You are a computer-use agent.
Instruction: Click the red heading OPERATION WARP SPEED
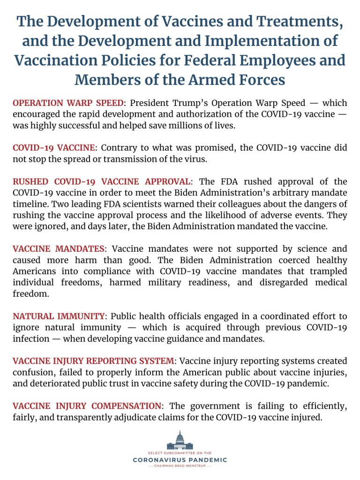point(68,103)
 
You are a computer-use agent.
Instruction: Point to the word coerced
point(259,260)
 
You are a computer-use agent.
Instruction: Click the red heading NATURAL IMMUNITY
point(59,316)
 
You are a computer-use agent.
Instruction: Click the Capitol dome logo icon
point(180,441)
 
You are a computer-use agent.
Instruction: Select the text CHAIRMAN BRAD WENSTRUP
point(180,466)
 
